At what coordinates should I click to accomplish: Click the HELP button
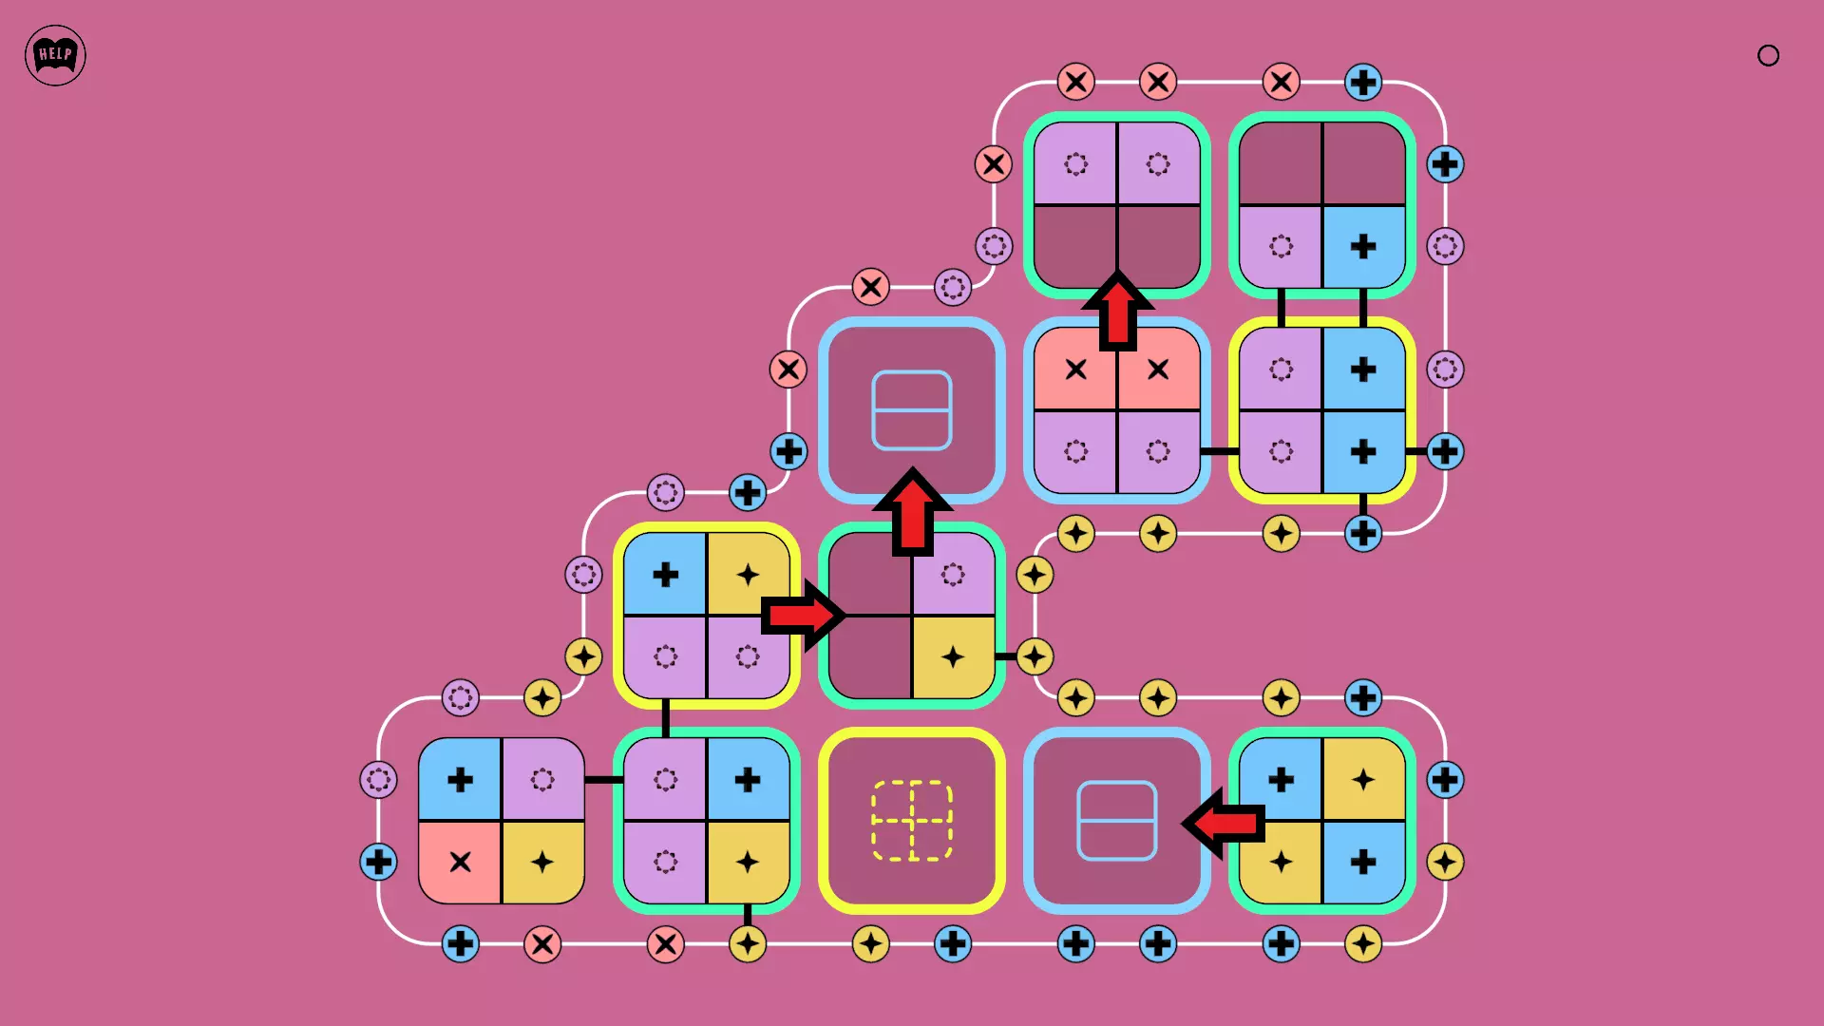click(55, 55)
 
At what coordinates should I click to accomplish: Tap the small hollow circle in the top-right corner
click(1768, 55)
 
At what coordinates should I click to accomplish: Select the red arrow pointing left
click(1225, 823)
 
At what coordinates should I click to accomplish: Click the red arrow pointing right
click(803, 616)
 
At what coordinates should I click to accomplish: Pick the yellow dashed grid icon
click(912, 821)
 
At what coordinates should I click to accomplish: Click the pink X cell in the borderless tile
click(460, 862)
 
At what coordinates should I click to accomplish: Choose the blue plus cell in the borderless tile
click(460, 780)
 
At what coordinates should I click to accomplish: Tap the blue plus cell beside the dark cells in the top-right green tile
click(1363, 247)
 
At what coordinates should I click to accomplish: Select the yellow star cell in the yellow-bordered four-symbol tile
click(748, 575)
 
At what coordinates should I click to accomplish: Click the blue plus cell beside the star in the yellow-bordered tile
click(665, 575)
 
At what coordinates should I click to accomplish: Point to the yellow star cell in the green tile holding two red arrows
click(953, 656)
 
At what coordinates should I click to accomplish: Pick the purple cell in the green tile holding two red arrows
click(953, 575)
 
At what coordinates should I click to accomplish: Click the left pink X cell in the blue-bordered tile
click(1075, 370)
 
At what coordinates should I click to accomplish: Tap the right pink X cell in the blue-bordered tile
click(1158, 370)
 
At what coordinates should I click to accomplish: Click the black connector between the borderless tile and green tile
click(603, 780)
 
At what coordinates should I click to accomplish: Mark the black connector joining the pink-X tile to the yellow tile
click(1219, 451)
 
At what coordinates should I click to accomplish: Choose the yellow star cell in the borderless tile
click(542, 862)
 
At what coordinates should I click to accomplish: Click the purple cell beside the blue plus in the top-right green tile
click(1281, 247)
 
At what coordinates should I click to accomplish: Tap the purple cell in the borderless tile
click(542, 780)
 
